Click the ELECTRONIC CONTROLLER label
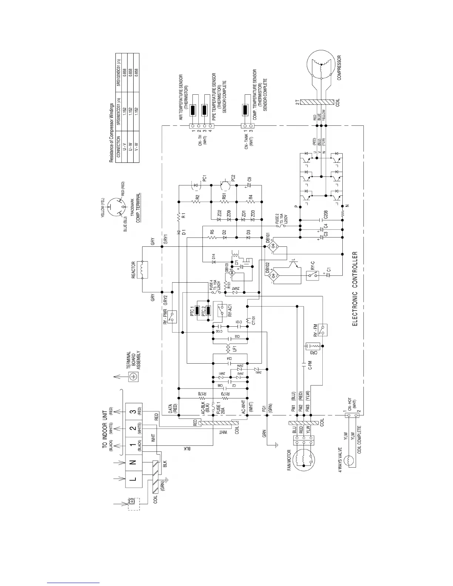[x=355, y=288]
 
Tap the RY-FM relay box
[x=323, y=329]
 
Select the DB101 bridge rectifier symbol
[x=274, y=246]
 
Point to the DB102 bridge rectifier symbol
[x=274, y=275]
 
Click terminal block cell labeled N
[x=134, y=462]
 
